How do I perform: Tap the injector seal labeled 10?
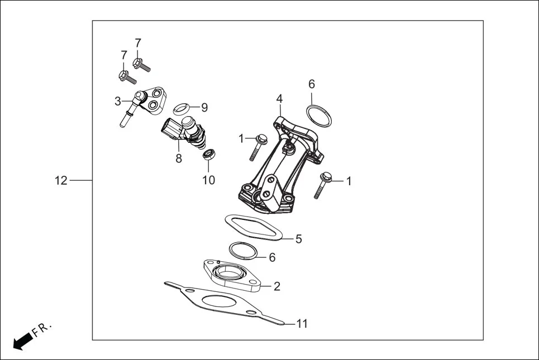[x=208, y=154]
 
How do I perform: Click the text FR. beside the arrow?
[x=42, y=329]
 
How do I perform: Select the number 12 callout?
[x=61, y=180]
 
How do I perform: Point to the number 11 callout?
[x=302, y=323]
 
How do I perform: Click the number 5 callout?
[x=299, y=239]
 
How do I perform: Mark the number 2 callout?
[x=276, y=286]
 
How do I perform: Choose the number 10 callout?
[x=208, y=180]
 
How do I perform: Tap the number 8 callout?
[x=179, y=159]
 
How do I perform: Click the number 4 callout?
[x=279, y=99]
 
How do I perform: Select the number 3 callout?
[x=118, y=101]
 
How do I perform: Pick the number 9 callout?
[x=204, y=107]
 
